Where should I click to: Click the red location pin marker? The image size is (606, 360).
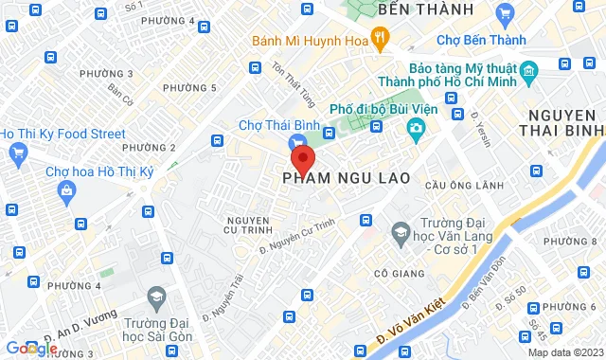(302, 157)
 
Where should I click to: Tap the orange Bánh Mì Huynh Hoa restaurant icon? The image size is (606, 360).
(380, 39)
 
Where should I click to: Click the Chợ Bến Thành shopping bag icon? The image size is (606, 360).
(504, 13)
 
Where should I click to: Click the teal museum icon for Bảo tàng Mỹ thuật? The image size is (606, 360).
(528, 72)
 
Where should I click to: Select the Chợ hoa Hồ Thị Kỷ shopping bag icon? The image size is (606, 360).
(66, 192)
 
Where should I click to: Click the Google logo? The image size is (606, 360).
(29, 349)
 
